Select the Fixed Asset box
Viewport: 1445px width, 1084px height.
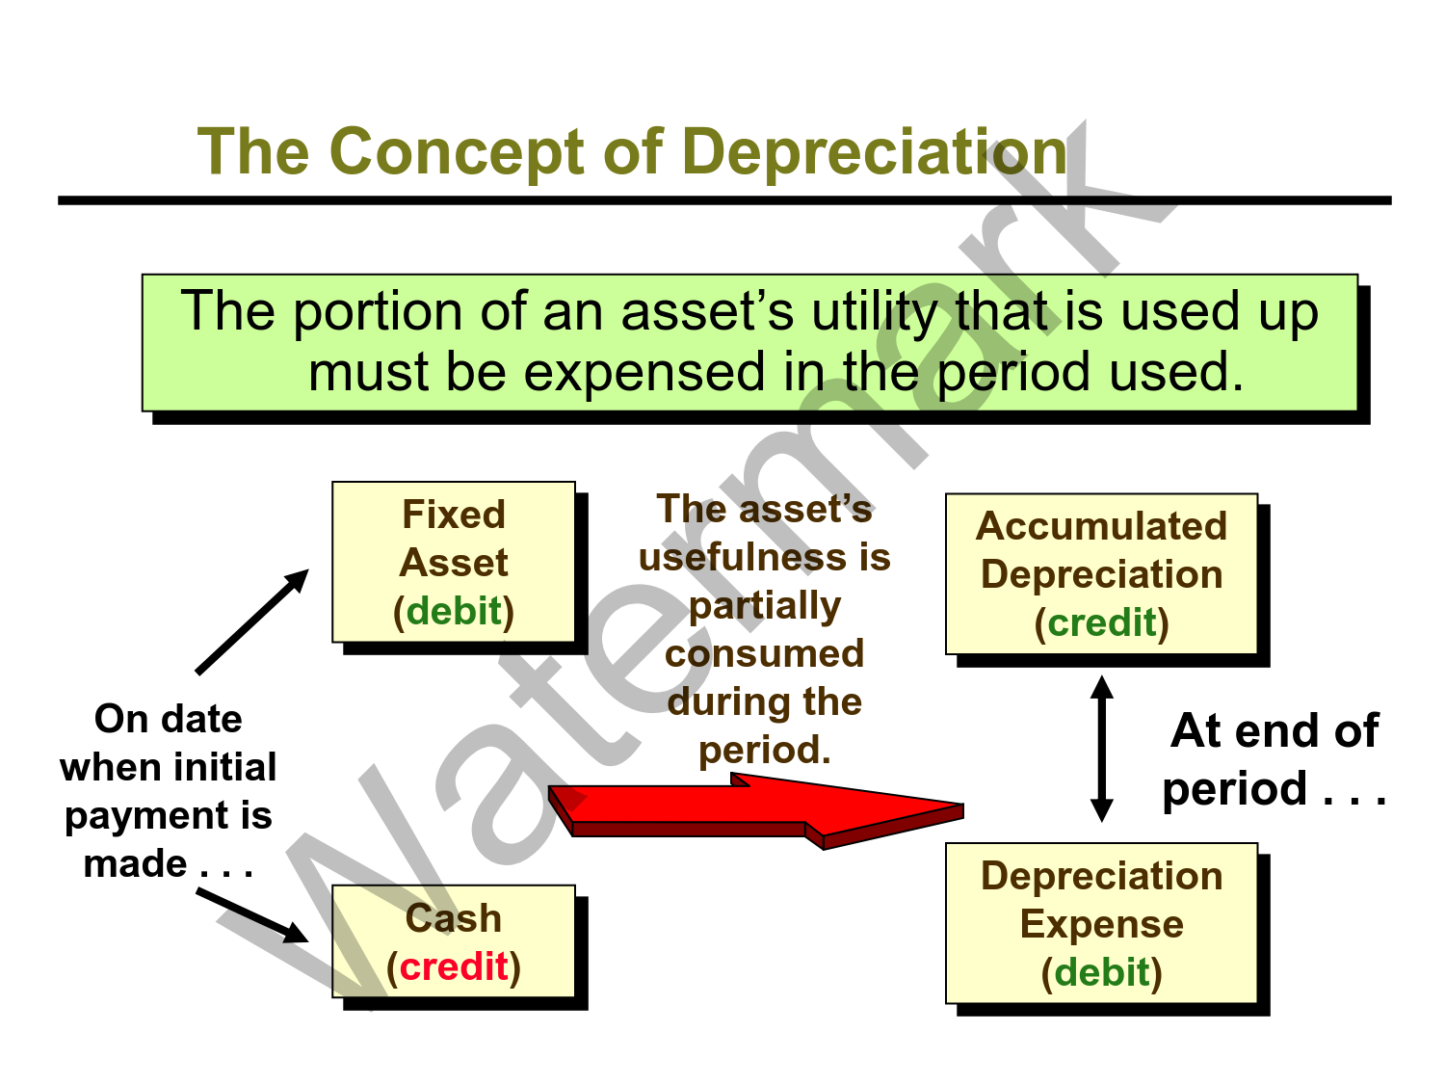(454, 562)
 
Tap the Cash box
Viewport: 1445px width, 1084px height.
(454, 941)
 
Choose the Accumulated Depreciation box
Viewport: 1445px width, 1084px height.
(1101, 574)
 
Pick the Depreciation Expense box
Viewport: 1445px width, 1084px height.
(1101, 923)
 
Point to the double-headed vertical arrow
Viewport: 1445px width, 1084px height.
(1102, 749)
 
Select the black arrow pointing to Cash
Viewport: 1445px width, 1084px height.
(252, 915)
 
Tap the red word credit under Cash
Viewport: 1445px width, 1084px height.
(454, 966)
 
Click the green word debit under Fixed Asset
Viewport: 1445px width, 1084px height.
(454, 611)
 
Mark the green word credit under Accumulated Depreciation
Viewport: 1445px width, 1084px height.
(1101, 622)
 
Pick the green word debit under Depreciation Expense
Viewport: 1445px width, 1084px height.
(1101, 972)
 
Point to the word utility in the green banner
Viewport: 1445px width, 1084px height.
(874, 311)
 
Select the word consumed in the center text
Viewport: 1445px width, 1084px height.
(764, 653)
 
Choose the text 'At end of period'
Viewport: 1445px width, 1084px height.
(1274, 759)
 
